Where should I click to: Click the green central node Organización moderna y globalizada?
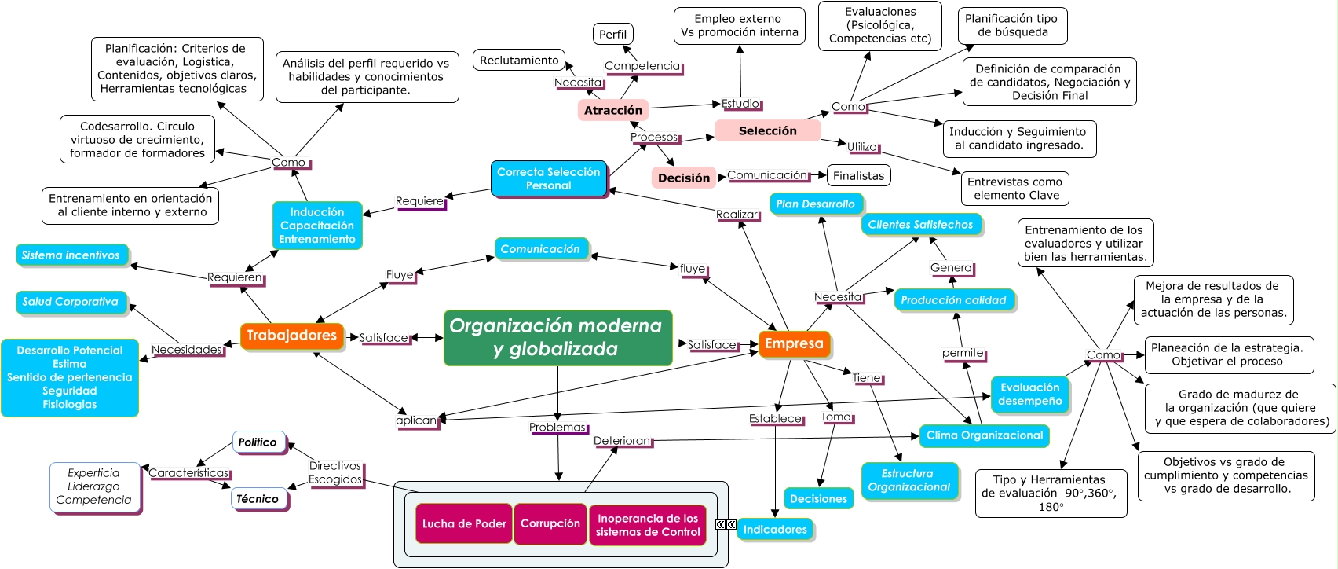tap(557, 337)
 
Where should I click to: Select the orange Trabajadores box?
tap(292, 336)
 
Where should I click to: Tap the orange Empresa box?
tap(794, 343)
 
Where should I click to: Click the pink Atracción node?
tap(612, 110)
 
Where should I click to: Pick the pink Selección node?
tap(767, 130)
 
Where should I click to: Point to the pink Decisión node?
tap(683, 178)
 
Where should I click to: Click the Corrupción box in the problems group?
tap(550, 523)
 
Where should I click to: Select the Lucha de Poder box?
tap(463, 523)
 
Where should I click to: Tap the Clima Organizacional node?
tap(984, 435)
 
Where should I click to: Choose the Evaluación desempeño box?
tap(1029, 394)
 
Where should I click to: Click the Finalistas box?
tap(858, 176)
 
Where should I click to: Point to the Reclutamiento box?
tap(519, 60)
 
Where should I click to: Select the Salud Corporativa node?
tap(71, 302)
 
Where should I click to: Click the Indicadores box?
tap(774, 530)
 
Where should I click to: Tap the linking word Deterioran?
tap(622, 441)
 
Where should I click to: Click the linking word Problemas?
tap(557, 428)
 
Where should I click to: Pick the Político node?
tap(258, 442)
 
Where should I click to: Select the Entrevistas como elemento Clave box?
tap(1014, 189)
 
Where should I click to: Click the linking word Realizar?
tap(737, 215)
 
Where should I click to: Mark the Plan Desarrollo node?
tap(815, 204)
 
